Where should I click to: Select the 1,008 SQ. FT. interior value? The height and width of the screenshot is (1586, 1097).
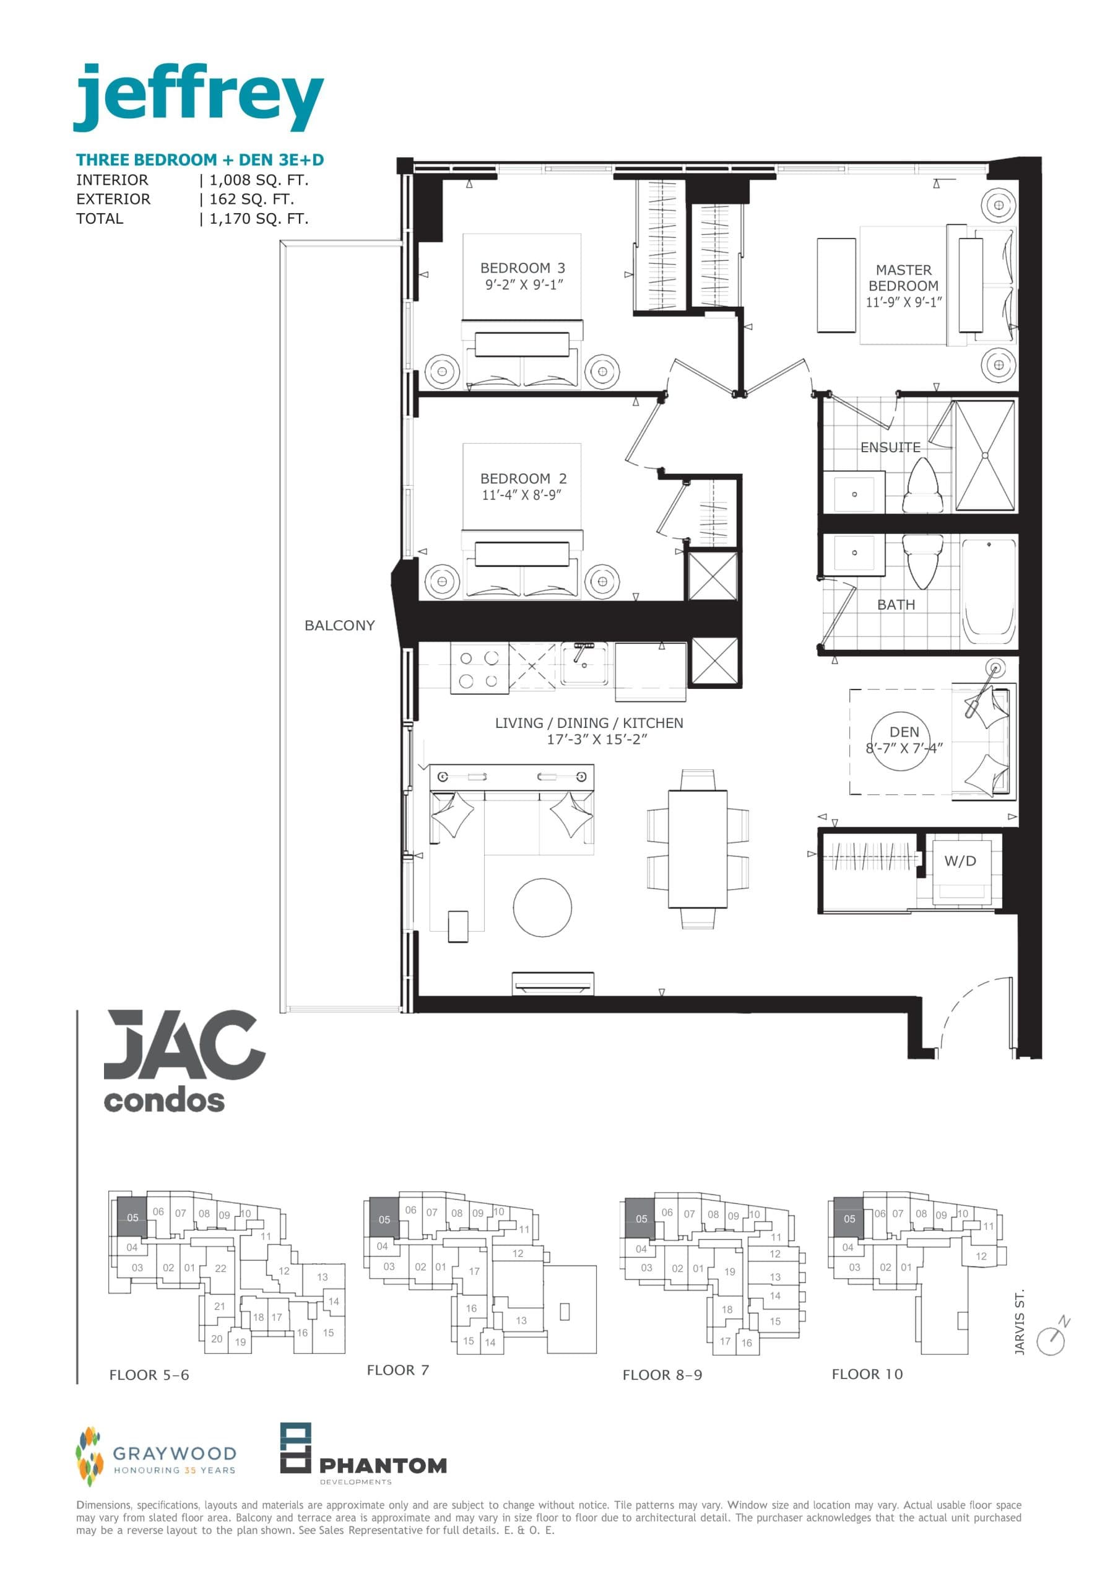pyautogui.click(x=258, y=180)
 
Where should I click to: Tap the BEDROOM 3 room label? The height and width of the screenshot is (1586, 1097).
pyautogui.click(x=522, y=268)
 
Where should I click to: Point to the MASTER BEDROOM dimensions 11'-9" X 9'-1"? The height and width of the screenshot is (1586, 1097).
pyautogui.click(x=903, y=302)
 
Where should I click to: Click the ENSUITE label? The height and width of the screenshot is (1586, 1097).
pyautogui.click(x=890, y=448)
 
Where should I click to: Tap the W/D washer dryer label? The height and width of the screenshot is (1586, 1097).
pyautogui.click(x=960, y=861)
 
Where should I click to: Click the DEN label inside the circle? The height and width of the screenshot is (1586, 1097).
pyautogui.click(x=904, y=732)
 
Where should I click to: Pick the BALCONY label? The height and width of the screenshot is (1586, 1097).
pyautogui.click(x=339, y=625)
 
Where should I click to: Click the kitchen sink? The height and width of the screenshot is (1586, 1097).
pyautogui.click(x=584, y=664)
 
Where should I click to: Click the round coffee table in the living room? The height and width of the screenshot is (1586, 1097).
pyautogui.click(x=542, y=907)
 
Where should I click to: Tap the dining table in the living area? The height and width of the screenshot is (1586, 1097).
pyautogui.click(x=698, y=849)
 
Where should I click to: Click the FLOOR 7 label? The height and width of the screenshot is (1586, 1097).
pyautogui.click(x=398, y=1370)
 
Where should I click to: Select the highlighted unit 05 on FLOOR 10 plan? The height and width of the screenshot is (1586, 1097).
pyautogui.click(x=849, y=1219)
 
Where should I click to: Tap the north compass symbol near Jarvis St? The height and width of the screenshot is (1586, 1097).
pyautogui.click(x=1052, y=1338)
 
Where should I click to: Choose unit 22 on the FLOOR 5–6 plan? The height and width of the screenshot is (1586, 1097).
pyautogui.click(x=220, y=1268)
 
